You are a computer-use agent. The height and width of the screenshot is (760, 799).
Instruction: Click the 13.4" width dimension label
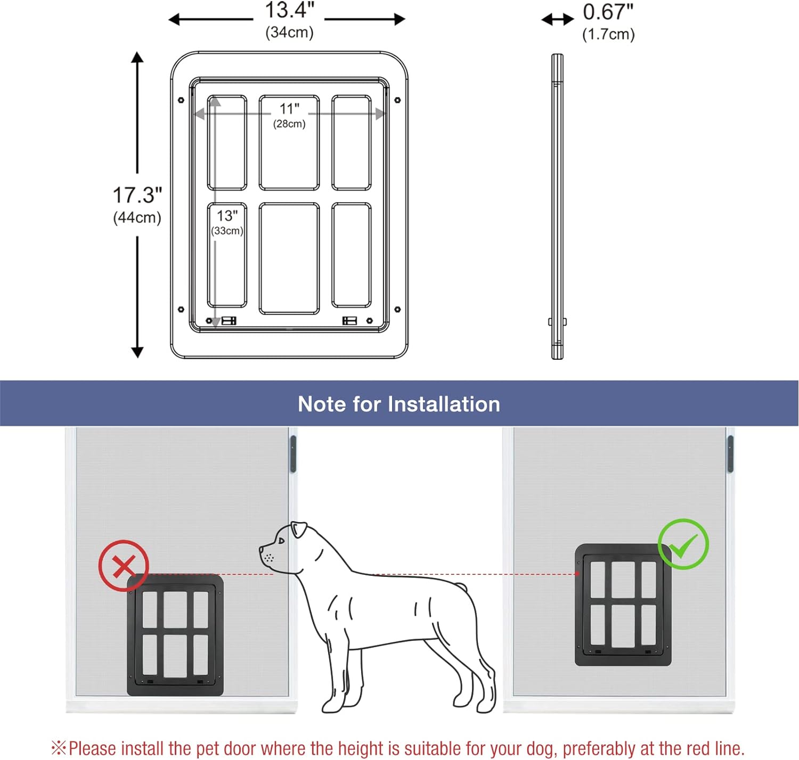click(x=289, y=10)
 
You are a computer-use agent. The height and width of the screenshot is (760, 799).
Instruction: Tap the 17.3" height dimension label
click(x=137, y=195)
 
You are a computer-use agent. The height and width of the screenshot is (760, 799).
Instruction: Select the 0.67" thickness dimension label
click(x=608, y=12)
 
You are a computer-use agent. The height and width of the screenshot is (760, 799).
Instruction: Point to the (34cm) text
click(x=289, y=32)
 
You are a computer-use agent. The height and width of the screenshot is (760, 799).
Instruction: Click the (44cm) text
click(x=137, y=218)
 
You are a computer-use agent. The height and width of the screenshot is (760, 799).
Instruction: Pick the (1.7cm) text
click(x=608, y=34)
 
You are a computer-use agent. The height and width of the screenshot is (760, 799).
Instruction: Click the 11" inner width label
click(x=289, y=109)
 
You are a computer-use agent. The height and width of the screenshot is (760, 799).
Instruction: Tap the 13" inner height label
click(x=227, y=216)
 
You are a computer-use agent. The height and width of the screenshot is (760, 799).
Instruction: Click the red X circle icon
click(x=124, y=566)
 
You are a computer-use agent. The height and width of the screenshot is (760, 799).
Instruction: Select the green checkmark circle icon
click(x=683, y=544)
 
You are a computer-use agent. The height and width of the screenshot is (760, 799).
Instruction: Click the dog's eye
click(x=281, y=541)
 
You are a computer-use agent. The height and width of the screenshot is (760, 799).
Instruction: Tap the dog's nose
click(x=262, y=549)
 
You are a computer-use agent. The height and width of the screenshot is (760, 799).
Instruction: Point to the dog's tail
click(x=460, y=586)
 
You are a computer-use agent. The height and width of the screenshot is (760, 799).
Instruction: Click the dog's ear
click(x=299, y=529)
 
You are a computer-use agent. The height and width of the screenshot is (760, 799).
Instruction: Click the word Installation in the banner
click(x=444, y=404)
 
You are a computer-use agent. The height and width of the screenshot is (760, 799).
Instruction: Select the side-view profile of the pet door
click(x=557, y=206)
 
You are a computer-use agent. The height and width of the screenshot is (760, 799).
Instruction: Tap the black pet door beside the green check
click(x=623, y=605)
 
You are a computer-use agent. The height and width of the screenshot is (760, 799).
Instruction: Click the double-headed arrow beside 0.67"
click(x=558, y=19)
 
